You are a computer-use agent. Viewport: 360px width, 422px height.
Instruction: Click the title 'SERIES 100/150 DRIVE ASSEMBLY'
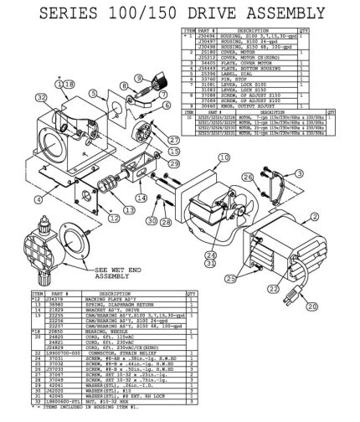(179, 13)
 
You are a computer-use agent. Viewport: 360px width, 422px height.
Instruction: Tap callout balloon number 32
(16, 121)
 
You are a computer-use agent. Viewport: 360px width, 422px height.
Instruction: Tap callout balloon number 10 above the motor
(224, 157)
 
